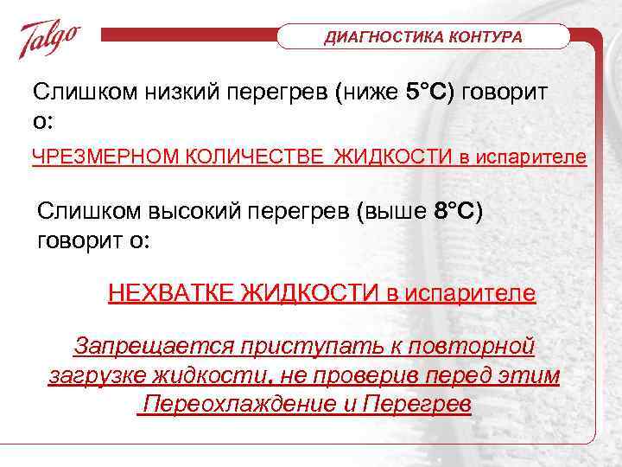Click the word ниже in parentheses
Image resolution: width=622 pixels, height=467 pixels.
370,93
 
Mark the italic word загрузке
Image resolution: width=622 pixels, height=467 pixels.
96,376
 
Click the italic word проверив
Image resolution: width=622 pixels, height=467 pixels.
384,376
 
